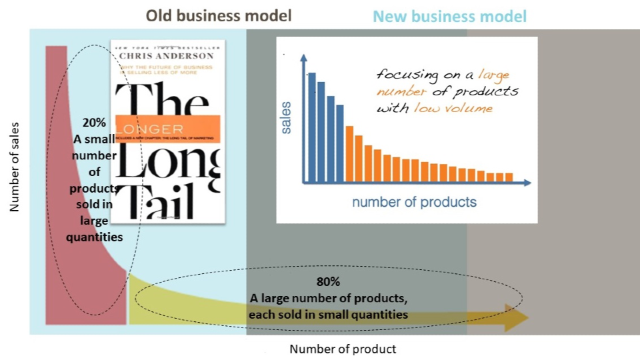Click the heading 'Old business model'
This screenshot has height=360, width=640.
pyautogui.click(x=219, y=15)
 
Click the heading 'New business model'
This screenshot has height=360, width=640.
pyautogui.click(x=449, y=16)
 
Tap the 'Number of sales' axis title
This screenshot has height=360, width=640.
pyautogui.click(x=14, y=167)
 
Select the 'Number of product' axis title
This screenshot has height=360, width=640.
pyautogui.click(x=343, y=349)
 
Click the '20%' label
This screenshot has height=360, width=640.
pyautogui.click(x=93, y=123)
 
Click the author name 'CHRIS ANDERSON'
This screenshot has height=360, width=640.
pyautogui.click(x=167, y=56)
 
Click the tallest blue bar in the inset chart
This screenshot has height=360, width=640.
pyautogui.click(x=311, y=127)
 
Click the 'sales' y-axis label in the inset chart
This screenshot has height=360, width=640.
pyautogui.click(x=287, y=118)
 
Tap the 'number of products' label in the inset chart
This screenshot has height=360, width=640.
pyautogui.click(x=414, y=201)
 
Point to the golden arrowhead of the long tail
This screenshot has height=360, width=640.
pyautogui.click(x=516, y=317)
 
